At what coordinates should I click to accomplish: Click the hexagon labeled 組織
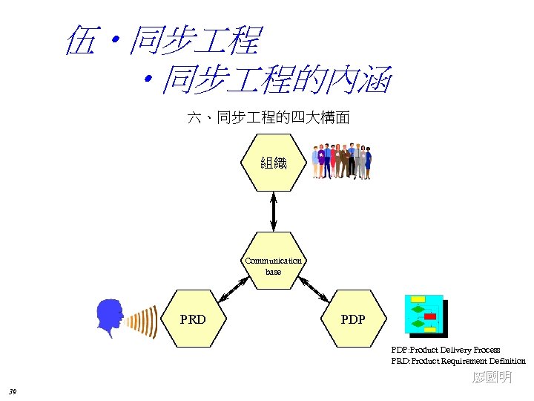274,163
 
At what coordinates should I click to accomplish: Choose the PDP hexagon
354,319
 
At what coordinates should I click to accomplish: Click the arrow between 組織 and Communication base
274,212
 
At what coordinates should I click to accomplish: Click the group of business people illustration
341,160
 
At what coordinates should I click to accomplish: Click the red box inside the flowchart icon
430,316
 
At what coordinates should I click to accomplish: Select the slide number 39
12,391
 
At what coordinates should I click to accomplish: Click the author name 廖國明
492,378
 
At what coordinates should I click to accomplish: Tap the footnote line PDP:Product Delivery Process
446,350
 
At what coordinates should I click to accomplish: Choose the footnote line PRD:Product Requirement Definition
458,361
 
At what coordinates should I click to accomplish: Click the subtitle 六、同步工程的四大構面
268,118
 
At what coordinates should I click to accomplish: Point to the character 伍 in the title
81,40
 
